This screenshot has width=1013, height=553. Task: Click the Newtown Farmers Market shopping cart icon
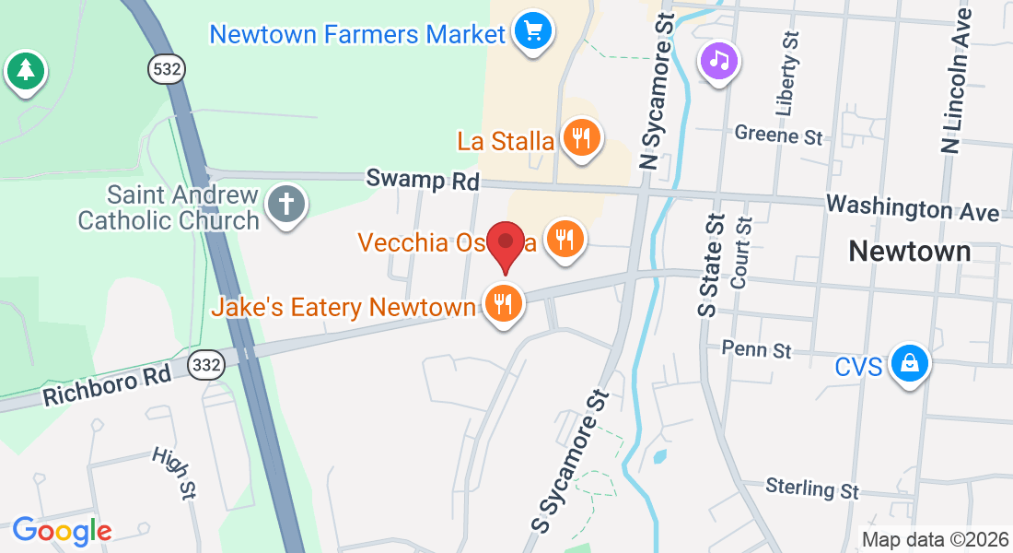[532, 31]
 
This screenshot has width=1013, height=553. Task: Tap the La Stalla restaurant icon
[581, 138]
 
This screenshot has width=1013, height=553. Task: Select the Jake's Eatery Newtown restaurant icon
[503, 303]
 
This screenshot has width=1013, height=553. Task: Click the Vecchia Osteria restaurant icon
[564, 240]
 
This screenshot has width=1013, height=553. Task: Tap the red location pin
[506, 244]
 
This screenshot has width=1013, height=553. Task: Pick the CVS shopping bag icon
[910, 364]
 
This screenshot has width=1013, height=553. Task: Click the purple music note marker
[720, 61]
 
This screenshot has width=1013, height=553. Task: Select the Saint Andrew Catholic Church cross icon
[286, 204]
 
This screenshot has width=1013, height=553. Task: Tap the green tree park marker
[25, 70]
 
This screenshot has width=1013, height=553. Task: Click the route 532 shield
[169, 68]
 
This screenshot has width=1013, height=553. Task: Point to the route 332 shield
[205, 366]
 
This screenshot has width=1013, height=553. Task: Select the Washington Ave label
[912, 207]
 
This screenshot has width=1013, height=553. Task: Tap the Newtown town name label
[909, 251]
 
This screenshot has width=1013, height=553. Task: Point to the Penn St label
[757, 349]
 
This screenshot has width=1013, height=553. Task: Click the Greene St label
[778, 135]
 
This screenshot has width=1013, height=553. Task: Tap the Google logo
[62, 530]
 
